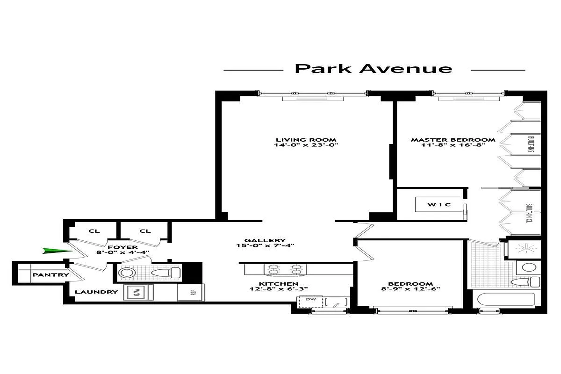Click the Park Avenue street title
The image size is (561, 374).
[x=374, y=69]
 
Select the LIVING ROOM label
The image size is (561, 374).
[x=306, y=140]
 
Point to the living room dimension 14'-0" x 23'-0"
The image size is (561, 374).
[x=306, y=145]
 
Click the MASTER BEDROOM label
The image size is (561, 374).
[x=453, y=140]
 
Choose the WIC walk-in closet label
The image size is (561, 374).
[x=438, y=205]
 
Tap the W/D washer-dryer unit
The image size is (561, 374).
[x=137, y=293]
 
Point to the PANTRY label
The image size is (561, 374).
[x=50, y=275]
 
